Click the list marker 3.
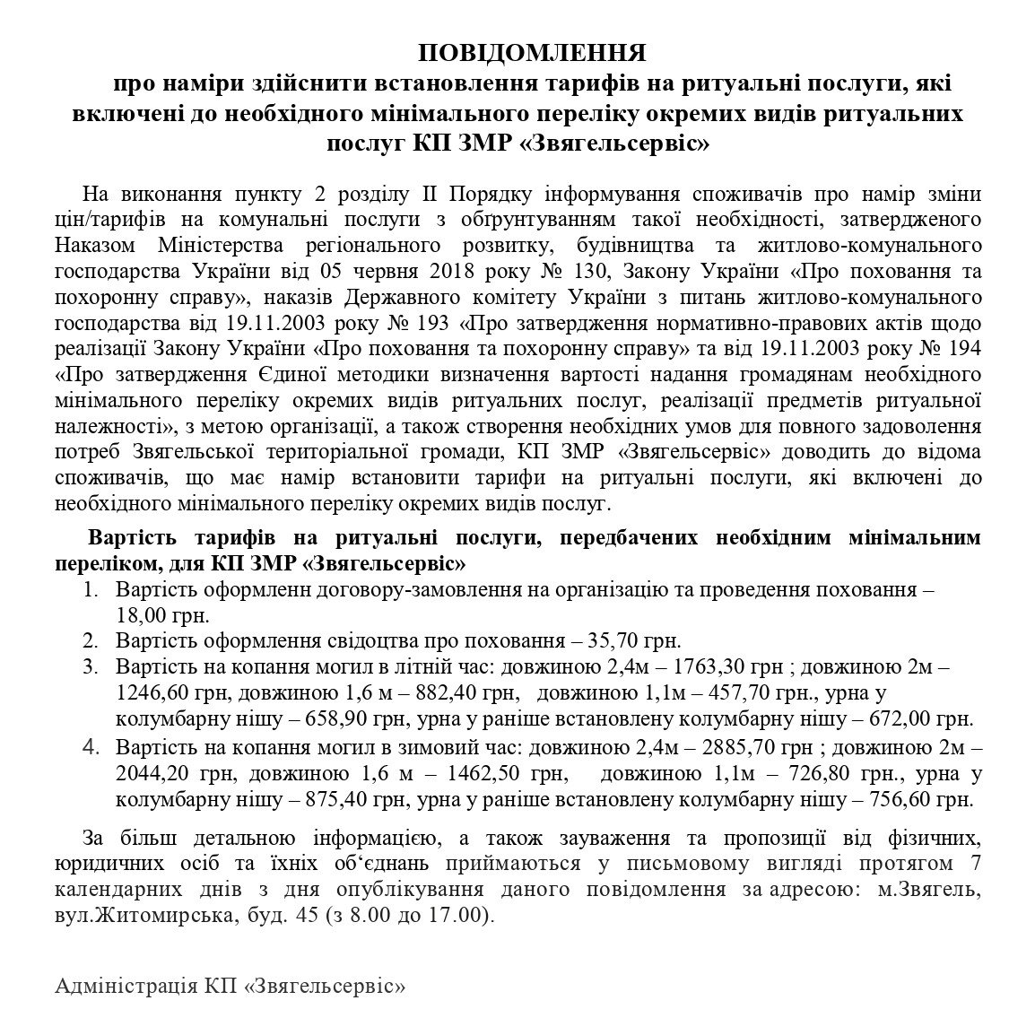90,667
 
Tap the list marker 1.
90,590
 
